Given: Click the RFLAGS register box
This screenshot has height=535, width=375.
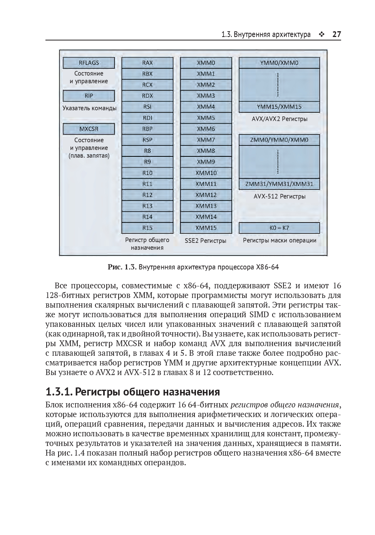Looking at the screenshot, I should coord(89,63).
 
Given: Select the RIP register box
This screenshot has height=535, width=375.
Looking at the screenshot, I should coord(89,96).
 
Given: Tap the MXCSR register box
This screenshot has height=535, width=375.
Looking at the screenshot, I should coord(89,129).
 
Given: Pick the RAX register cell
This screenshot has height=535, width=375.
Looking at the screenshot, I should coord(147,63).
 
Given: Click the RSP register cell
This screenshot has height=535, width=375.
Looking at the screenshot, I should coord(147,140).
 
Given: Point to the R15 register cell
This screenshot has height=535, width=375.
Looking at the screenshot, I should coord(147,228).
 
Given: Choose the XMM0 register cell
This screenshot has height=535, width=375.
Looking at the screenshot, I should coord(206,63).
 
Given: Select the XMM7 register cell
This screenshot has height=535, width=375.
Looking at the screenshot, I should coord(206,140).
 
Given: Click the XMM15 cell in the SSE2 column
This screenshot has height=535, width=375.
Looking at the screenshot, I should coord(206,228).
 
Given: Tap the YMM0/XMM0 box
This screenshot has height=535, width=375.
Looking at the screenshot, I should coord(279,63).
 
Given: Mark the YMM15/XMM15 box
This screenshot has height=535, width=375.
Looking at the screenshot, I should coord(279,107).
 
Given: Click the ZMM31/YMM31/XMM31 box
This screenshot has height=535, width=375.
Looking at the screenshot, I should coord(279,184).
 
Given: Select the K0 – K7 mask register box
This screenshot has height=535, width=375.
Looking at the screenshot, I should coord(279,228).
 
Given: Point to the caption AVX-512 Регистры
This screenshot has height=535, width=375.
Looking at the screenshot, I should coord(280,196).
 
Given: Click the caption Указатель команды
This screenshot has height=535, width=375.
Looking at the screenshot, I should coord(89,108).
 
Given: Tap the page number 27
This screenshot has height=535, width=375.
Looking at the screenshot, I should coord(336,34).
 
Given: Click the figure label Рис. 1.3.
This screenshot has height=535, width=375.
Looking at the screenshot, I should coord(122,267).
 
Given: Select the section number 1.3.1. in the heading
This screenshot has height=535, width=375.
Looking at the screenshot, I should coord(59,392).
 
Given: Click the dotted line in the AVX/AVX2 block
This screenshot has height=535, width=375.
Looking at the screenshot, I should coord(278,85).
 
